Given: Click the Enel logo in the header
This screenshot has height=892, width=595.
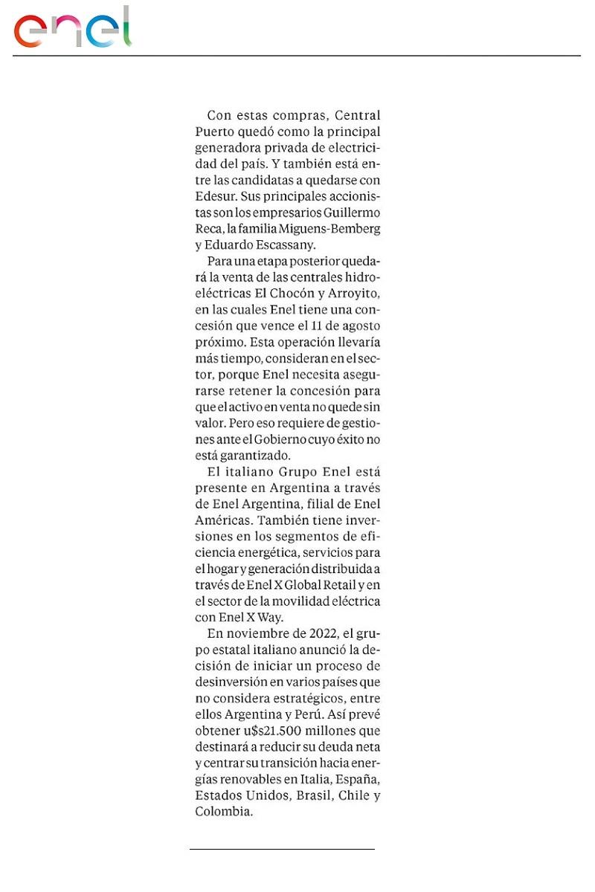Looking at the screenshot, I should [x=72, y=28].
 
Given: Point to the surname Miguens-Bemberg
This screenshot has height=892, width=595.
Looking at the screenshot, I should [x=333, y=229].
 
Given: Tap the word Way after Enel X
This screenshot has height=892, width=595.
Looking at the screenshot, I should [x=270, y=618].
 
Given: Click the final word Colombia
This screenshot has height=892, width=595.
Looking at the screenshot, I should [x=222, y=812].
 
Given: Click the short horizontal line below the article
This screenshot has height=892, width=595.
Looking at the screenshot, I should [x=282, y=848].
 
